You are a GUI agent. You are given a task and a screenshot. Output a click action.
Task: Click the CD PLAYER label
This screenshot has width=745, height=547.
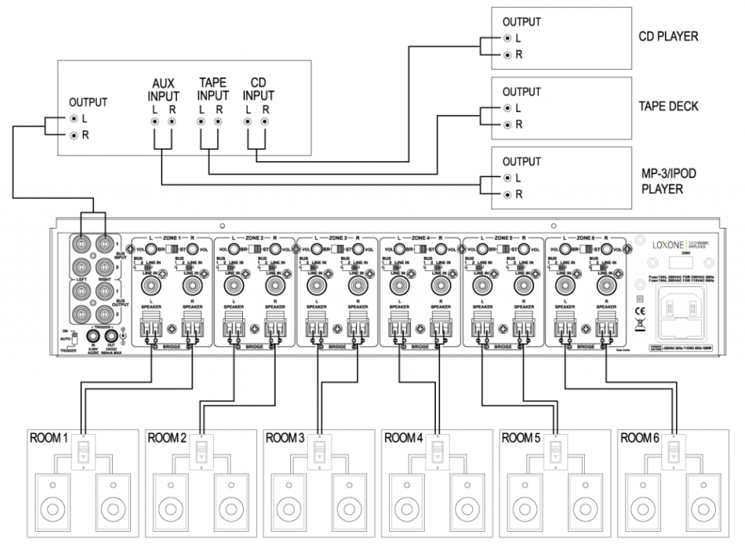pyautogui.click(x=668, y=36)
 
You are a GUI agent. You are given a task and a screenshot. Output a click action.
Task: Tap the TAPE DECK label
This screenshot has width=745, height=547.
pyautogui.click(x=668, y=106)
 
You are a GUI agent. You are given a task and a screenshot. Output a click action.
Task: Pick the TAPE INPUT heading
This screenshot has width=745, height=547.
pyautogui.click(x=212, y=90)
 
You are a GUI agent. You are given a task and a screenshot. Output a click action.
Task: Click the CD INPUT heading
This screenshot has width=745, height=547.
pyautogui.click(x=258, y=90)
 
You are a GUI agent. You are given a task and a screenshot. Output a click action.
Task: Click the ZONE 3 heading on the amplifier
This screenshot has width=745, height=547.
pyautogui.click(x=338, y=238)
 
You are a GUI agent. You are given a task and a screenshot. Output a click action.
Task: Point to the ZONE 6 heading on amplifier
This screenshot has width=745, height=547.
pyautogui.click(x=586, y=238)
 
